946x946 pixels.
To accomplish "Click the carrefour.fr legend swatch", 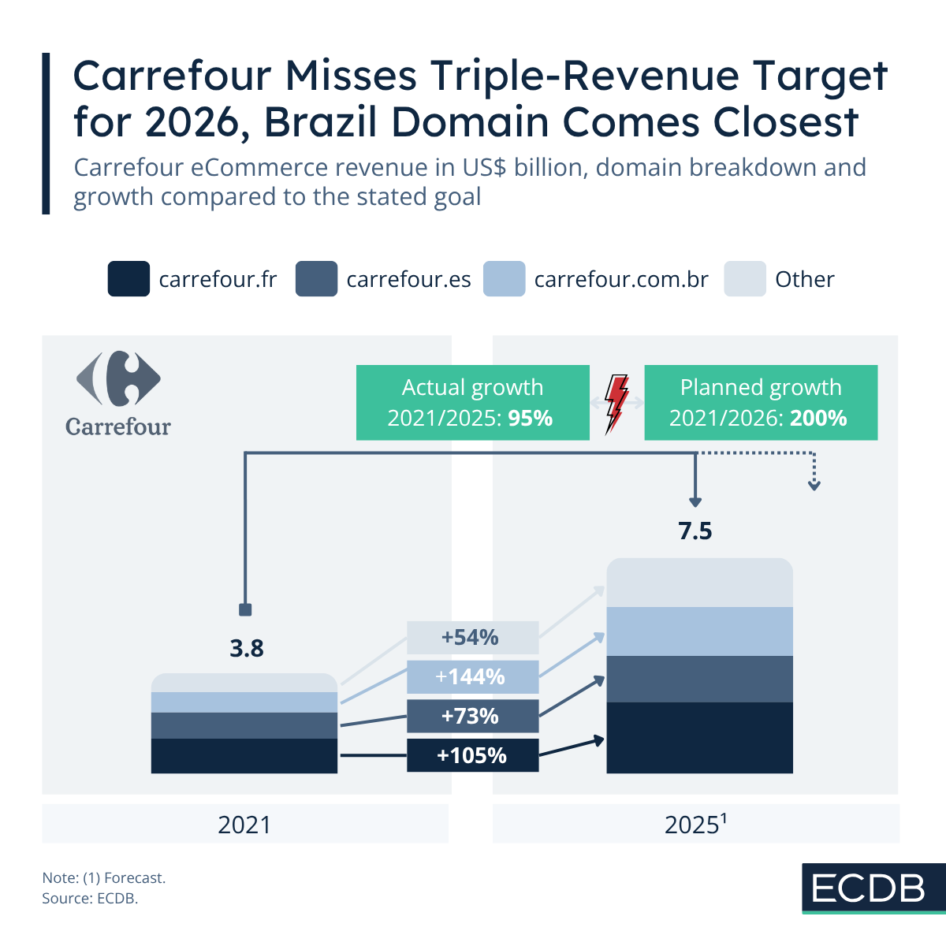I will (x=128, y=279).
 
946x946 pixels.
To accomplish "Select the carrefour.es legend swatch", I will (x=316, y=279).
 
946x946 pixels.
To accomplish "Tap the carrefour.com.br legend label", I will (x=621, y=280).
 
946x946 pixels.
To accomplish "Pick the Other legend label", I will (x=804, y=280).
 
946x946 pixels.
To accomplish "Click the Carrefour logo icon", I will (x=118, y=379).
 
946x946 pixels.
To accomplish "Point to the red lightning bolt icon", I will (x=616, y=403).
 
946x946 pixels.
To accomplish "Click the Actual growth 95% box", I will (x=472, y=402).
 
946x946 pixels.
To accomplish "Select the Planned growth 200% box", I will (x=761, y=402).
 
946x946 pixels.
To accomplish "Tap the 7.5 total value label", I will (x=695, y=531).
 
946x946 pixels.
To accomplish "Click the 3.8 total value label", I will (x=247, y=649).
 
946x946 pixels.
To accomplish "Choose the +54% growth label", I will (x=472, y=637).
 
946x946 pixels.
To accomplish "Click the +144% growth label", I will (x=472, y=676).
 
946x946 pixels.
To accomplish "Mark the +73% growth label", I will (x=472, y=716).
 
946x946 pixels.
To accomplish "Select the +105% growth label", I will (x=472, y=755).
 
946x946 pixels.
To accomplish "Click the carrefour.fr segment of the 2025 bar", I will (x=699, y=737).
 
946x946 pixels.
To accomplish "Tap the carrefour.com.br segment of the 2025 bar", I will (x=699, y=631).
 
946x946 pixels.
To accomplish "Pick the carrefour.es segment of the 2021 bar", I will (x=244, y=725).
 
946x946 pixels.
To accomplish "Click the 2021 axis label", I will (x=244, y=825).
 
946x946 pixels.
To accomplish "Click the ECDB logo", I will (x=869, y=888).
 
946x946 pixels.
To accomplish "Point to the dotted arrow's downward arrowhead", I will (x=814, y=485).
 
